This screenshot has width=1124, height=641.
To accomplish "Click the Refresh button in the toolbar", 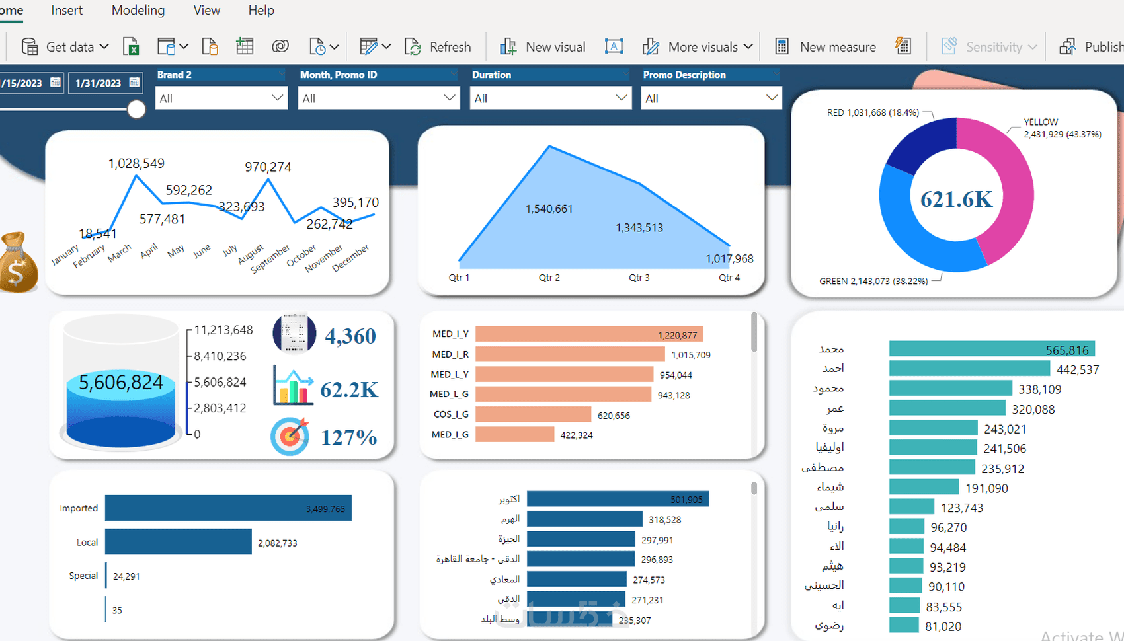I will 438,47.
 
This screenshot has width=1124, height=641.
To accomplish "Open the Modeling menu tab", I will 138,10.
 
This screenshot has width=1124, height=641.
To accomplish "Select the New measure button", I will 826,47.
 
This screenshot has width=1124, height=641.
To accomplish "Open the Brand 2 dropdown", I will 221,98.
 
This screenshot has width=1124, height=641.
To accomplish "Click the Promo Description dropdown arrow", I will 771,98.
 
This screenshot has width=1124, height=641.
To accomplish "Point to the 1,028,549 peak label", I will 136,163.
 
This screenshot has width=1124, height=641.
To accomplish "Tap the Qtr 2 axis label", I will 549,278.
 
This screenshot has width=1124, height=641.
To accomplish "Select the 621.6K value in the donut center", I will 956,199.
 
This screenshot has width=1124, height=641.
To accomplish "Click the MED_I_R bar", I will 569,354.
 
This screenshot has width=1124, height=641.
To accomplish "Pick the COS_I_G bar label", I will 451,414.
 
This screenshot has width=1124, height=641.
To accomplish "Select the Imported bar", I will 227,508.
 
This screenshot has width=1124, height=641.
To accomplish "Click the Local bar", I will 178,542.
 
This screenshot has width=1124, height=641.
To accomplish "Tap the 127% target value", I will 348,437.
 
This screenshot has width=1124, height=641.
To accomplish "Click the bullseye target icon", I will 290,436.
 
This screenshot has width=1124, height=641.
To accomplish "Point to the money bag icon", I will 17,263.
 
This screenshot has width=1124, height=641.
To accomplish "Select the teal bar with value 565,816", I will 991,349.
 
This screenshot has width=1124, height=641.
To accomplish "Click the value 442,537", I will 1078,369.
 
